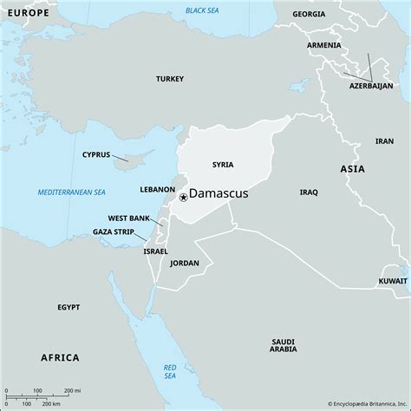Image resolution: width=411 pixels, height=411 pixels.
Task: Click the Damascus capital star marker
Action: click(183, 198)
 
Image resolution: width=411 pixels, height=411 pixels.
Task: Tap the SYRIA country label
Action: click(222, 164)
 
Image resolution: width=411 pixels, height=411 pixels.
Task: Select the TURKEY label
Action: click(170, 78)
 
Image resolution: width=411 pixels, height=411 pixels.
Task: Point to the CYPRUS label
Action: click(96, 154)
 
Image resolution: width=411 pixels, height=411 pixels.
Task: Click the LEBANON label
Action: click(158, 188)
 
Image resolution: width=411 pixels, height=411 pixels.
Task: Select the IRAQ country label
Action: click(309, 192)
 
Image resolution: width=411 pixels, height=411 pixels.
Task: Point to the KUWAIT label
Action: click(393, 282)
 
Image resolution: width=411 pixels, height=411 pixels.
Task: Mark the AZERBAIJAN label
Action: click(371, 87)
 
